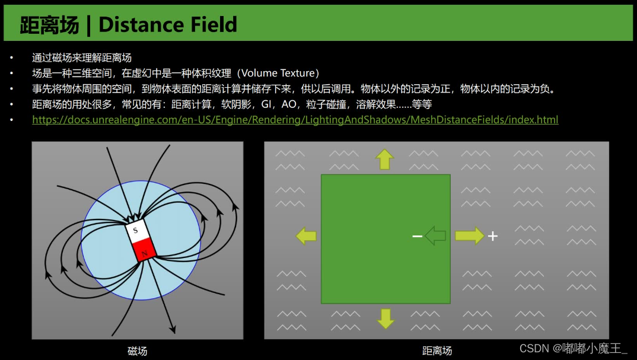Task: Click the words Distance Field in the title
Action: [x=167, y=24]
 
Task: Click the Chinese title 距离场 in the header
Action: [x=49, y=24]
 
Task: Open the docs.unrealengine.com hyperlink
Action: [x=295, y=120]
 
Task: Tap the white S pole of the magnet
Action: [x=136, y=231]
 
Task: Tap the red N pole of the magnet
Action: [x=144, y=252]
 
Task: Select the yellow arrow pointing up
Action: [x=384, y=160]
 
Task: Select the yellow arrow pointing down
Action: [x=386, y=318]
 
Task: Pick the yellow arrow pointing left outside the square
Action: [x=306, y=236]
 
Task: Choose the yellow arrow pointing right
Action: [x=469, y=235]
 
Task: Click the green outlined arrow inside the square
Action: [x=435, y=235]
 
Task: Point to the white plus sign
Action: [x=492, y=236]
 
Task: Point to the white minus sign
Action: [x=417, y=236]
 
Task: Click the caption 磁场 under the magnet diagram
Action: [x=137, y=351]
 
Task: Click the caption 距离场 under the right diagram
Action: [x=437, y=351]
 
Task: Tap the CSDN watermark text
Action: [x=573, y=348]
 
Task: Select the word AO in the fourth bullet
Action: [x=289, y=104]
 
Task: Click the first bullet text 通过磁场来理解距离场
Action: [x=82, y=58]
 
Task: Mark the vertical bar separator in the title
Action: [x=88, y=25]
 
